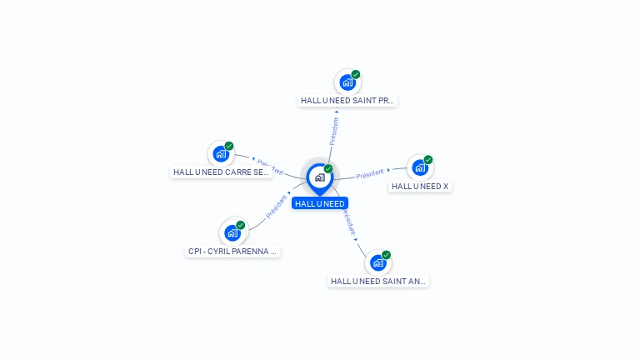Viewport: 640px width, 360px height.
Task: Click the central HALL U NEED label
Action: coord(319,203)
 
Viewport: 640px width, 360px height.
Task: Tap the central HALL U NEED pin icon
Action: coord(319,177)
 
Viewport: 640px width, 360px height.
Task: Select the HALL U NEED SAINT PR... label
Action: coord(347,101)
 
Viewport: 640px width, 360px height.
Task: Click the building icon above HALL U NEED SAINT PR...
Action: coord(347,82)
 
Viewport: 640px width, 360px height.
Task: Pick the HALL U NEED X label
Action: coord(420,187)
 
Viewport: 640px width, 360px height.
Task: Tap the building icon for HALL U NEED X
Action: coord(419,167)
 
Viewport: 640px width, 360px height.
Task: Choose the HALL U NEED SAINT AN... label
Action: coord(378,282)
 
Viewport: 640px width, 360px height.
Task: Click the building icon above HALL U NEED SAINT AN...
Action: coord(377,262)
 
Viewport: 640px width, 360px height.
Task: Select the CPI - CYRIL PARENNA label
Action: coord(232,251)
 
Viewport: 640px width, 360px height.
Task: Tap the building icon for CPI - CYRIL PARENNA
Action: coord(232,232)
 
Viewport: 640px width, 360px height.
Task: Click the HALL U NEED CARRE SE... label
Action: coord(221,172)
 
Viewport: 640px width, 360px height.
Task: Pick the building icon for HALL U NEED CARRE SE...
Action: coord(220,153)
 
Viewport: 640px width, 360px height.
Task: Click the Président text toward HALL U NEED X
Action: coord(369,174)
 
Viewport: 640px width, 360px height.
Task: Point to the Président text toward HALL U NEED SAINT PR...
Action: coord(334,131)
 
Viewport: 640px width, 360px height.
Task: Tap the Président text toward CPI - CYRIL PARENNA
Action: coord(277,207)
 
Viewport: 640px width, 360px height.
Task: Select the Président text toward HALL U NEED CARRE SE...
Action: coord(270,167)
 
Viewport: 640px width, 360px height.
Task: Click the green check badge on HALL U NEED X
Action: coord(428,160)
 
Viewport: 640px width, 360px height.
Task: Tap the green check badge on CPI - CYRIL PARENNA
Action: coord(241,225)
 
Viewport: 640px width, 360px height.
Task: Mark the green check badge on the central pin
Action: coord(328,169)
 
